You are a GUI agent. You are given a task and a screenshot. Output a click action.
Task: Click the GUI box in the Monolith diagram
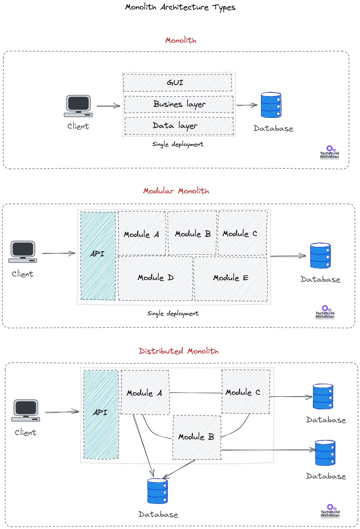[177, 82]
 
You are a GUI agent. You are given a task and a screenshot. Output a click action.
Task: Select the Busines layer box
[179, 104]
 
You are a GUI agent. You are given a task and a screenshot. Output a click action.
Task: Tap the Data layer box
[179, 126]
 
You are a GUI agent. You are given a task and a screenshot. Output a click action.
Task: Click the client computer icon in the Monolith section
[78, 106]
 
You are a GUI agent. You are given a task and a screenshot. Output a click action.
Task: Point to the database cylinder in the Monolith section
[271, 105]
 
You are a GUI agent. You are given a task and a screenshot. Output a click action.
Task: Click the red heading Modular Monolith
[176, 191]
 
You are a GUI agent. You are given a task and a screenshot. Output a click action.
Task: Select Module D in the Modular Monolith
[156, 278]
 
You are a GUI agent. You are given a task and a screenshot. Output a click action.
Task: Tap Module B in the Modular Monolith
[193, 234]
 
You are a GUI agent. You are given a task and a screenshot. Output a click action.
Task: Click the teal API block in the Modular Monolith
[98, 256]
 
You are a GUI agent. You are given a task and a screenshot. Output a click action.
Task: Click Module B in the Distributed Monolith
[197, 437]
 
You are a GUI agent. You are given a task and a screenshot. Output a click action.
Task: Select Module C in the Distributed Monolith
[246, 392]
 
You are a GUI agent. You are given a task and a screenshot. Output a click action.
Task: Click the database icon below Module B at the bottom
[157, 491]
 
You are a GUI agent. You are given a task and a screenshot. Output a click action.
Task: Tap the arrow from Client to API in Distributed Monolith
[62, 412]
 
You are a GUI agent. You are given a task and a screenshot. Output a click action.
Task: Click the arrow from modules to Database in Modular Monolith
[288, 256]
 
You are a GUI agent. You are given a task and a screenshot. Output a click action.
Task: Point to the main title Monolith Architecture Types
[180, 7]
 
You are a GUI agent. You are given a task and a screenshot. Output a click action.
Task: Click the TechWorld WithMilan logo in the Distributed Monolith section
[330, 511]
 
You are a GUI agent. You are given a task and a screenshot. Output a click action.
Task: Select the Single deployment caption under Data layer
[177, 144]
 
